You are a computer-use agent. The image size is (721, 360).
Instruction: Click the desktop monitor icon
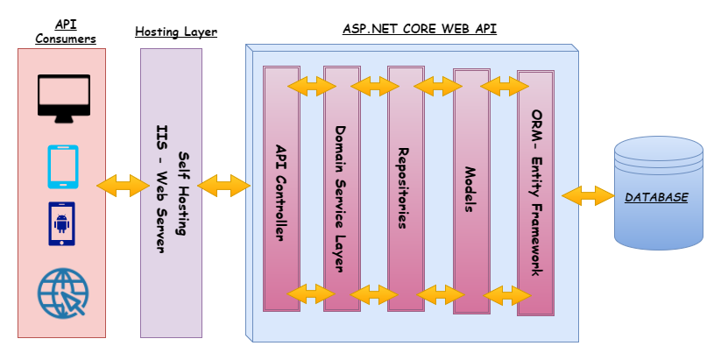pos(64,99)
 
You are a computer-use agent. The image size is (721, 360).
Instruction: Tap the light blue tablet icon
pos(62,166)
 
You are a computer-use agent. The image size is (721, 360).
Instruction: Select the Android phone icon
pos(61,224)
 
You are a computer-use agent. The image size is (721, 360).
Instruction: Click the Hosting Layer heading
pos(175,32)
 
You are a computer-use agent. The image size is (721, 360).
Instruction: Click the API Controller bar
pos(281,187)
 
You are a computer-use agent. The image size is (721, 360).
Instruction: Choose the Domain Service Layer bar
pos(342,187)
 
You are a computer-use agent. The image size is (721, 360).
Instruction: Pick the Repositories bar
pos(405,187)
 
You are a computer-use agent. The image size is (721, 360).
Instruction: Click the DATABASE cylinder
pos(659,194)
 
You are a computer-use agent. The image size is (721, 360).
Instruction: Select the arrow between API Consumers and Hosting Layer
pos(124,185)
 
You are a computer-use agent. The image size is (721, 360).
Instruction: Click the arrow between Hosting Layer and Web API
pos(223,185)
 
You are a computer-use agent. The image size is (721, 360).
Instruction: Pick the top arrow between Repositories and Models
pos(438,86)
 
